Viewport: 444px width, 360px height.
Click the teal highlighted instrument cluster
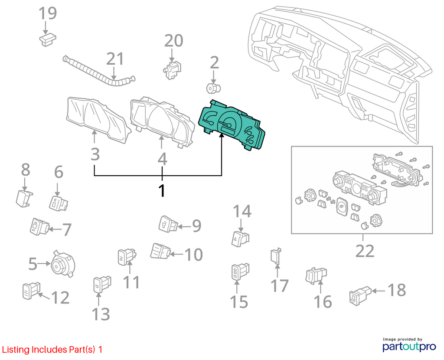(232, 125)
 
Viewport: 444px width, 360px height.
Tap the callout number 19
(48, 13)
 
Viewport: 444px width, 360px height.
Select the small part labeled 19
(47, 39)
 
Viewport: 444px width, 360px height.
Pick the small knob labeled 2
(213, 88)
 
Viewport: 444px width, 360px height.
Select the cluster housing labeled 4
(162, 122)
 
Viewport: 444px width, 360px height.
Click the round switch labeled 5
(62, 263)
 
